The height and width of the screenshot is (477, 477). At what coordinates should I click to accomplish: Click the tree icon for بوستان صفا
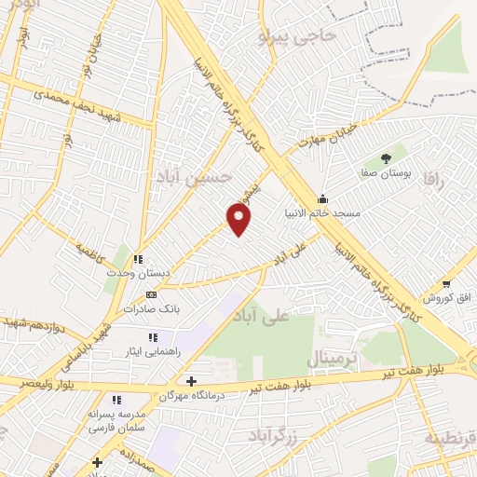point(387,158)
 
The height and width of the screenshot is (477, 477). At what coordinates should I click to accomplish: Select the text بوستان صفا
point(387,173)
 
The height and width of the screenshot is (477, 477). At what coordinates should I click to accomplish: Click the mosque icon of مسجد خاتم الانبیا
point(323,198)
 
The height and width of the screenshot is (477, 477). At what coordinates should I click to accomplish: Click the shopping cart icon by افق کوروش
point(447,283)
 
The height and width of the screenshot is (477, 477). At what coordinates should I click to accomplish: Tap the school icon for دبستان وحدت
point(137,259)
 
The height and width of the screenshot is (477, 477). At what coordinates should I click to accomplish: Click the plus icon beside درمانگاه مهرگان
point(191,381)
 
